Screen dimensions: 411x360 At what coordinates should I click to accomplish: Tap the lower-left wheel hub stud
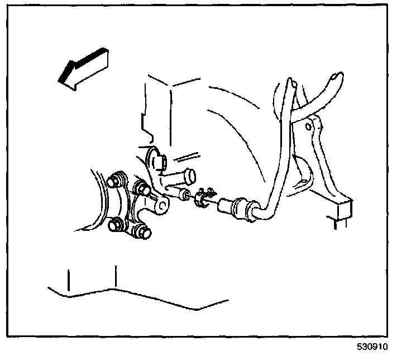tap(116, 226)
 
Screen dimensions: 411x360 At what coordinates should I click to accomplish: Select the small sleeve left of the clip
tap(181, 195)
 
